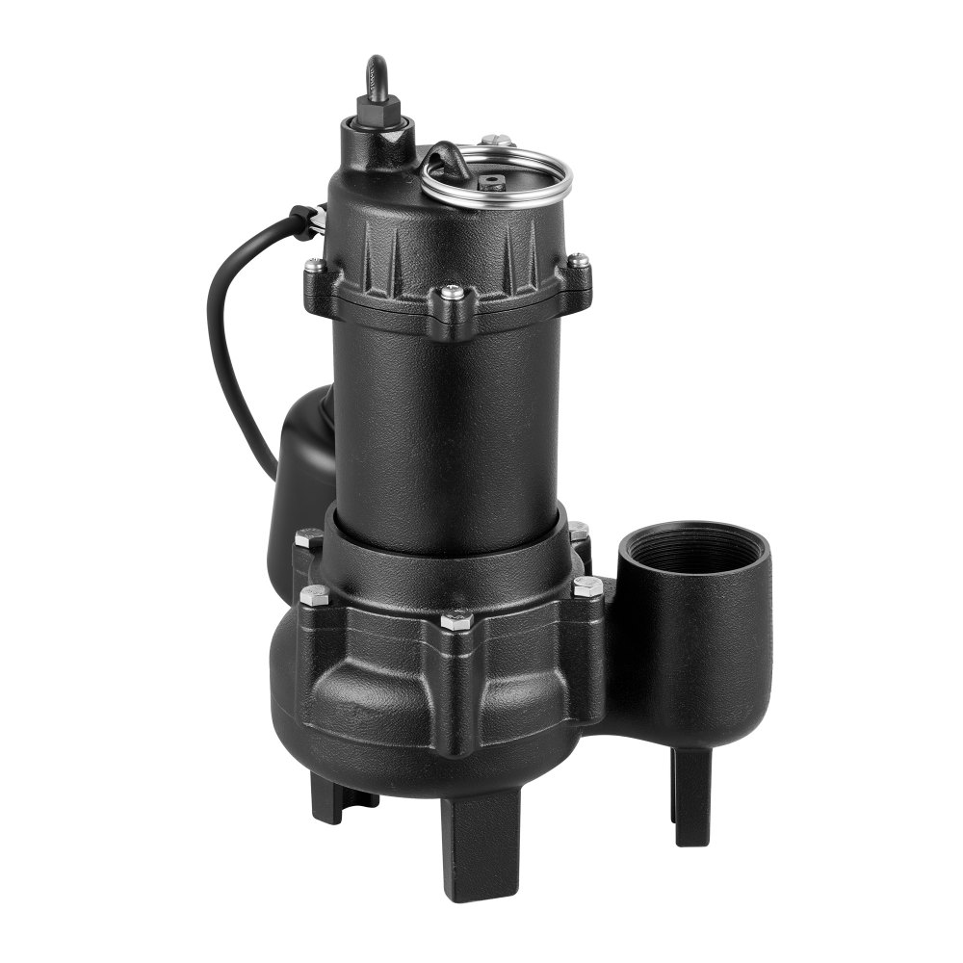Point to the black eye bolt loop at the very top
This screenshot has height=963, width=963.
[x=377, y=74]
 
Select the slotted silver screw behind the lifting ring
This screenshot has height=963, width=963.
[x=496, y=141]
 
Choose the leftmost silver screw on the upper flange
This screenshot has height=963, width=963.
[x=314, y=265]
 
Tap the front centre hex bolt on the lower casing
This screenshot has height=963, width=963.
[x=455, y=621]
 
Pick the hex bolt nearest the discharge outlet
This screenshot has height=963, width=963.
[x=586, y=586]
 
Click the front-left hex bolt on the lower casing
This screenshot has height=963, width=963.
[x=314, y=595]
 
